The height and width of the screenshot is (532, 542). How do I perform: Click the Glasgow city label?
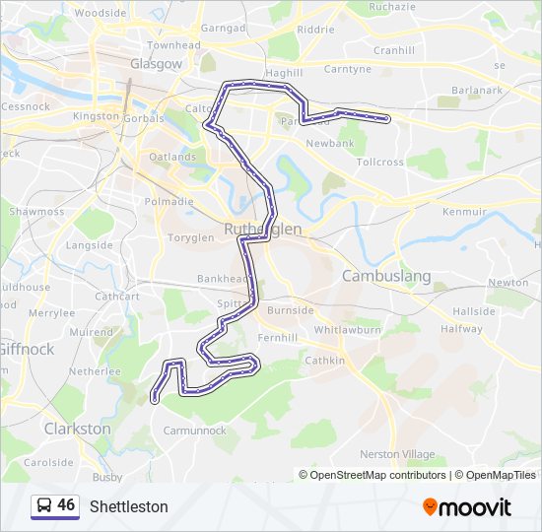tap(156, 64)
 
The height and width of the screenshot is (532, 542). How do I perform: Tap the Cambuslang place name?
tap(385, 276)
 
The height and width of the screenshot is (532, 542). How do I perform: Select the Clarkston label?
tap(77, 430)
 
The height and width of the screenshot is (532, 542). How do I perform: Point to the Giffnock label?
tap(27, 348)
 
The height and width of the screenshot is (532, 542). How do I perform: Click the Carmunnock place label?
tap(194, 431)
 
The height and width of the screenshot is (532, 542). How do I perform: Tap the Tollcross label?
tap(379, 162)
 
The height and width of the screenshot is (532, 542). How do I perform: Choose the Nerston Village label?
tap(397, 453)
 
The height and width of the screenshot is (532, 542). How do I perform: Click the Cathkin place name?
tap(325, 361)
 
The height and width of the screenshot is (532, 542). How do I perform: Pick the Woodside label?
tap(101, 14)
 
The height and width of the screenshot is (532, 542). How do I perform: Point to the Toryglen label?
tap(190, 237)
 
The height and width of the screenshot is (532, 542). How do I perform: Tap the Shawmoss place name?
tap(36, 212)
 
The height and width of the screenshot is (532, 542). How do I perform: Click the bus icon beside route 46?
tap(44, 506)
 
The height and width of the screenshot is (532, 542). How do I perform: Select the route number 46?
tap(66, 505)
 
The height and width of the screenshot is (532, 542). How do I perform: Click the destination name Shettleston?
tap(128, 507)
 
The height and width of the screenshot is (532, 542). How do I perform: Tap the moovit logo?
tap(467, 507)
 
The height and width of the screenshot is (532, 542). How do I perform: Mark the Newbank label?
tap(329, 144)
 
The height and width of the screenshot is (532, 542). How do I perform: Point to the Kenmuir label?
tap(464, 211)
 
